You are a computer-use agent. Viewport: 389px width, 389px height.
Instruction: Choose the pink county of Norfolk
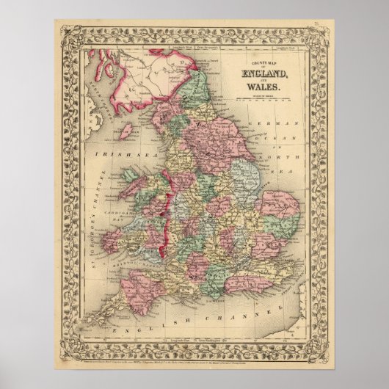280,205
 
